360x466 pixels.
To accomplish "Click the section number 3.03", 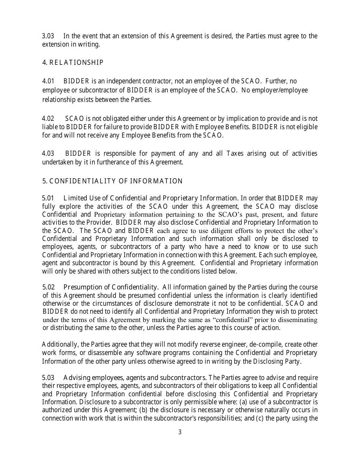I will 48,36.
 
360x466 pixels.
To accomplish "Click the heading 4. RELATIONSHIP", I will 73,63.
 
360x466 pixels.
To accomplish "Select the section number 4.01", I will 48,81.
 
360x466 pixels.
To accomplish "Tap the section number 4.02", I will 48,119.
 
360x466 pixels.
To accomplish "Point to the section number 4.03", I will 48,153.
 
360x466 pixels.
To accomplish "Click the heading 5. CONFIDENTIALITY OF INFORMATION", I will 112,181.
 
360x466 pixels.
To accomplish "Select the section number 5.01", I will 48,198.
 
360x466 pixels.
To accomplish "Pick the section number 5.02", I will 48,287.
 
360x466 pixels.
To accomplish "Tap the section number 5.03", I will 48,378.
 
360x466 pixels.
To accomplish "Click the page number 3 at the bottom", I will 180,432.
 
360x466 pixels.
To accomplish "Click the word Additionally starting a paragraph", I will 60,345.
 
